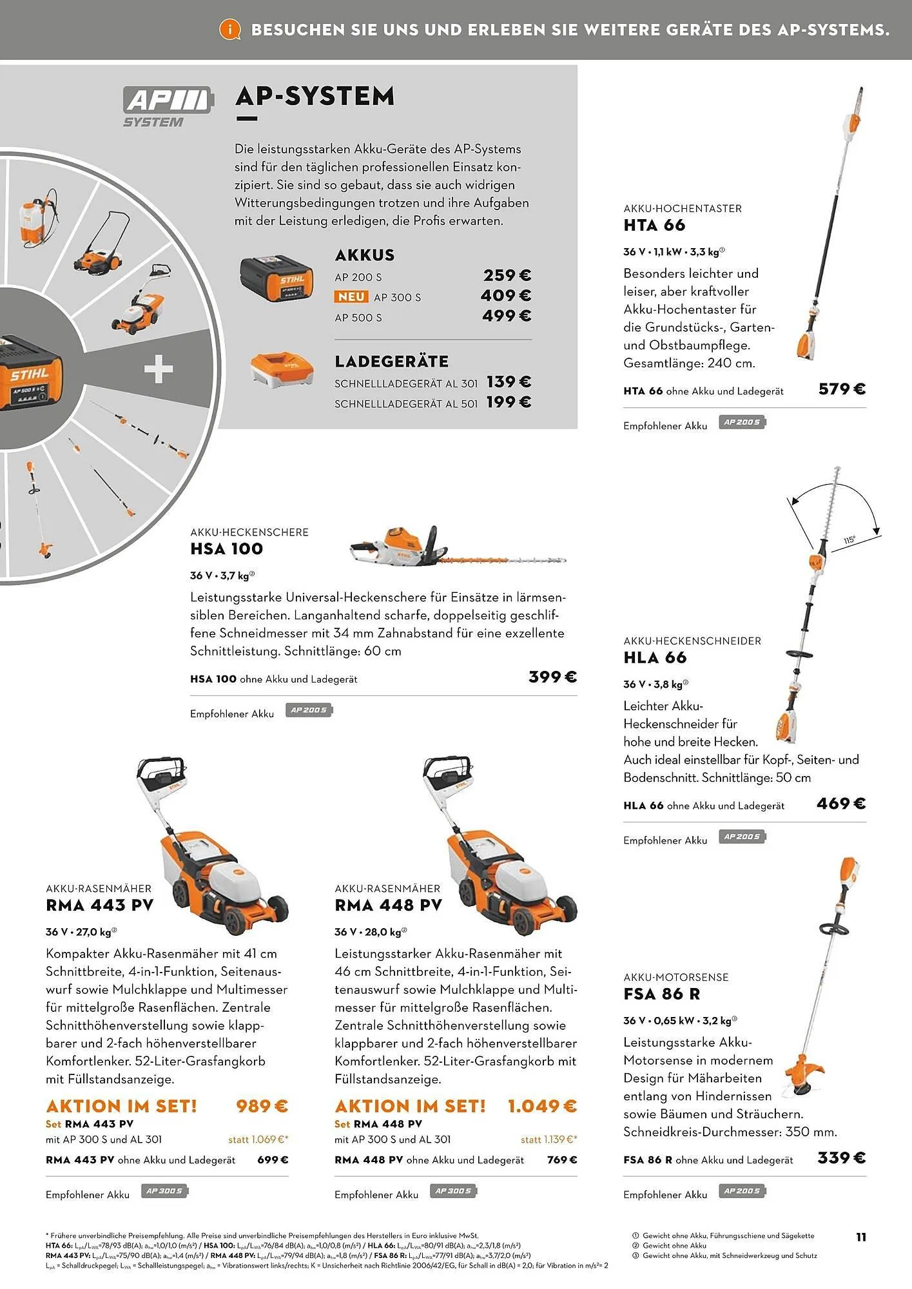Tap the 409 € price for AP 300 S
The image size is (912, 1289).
[506, 296]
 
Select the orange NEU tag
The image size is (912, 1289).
[351, 297]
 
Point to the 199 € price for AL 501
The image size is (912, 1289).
[509, 402]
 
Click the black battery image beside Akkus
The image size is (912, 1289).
[277, 280]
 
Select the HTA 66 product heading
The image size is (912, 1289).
[654, 226]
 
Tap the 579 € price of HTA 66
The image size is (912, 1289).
[842, 389]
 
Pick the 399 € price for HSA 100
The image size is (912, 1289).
[552, 677]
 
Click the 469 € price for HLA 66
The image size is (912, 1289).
[841, 804]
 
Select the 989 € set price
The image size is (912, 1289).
[262, 1106]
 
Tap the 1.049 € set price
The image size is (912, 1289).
[542, 1106]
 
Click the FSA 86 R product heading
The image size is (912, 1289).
[661, 994]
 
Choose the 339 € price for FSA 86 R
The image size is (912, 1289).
[841, 1158]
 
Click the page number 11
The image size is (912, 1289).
[860, 1237]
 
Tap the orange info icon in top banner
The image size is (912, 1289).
[229, 30]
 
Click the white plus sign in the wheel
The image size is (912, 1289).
[159, 370]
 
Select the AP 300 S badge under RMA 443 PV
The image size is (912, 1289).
[166, 1191]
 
